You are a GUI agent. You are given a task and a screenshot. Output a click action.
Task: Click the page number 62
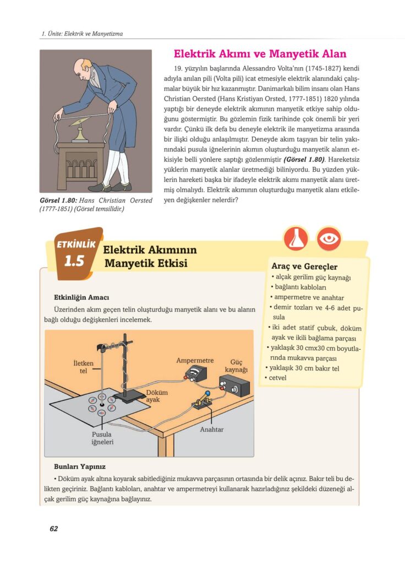53,529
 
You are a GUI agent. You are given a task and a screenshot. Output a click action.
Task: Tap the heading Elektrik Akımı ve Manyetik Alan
260,54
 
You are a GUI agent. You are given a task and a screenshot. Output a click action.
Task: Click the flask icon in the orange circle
295,238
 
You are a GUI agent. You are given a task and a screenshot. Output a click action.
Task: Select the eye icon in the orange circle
329,238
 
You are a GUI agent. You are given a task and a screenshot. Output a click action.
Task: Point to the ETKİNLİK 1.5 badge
74,254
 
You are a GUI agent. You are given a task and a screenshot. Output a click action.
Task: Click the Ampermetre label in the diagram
194,361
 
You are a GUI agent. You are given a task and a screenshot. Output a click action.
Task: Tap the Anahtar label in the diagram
212,429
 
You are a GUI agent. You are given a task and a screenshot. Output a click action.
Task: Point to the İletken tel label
83,367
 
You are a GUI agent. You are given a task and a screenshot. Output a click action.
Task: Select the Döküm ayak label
156,395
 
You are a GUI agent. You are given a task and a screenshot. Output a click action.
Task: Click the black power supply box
235,389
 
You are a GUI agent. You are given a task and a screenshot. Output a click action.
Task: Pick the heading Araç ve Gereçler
304,267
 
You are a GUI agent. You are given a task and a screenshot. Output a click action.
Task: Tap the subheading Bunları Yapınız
79,467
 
